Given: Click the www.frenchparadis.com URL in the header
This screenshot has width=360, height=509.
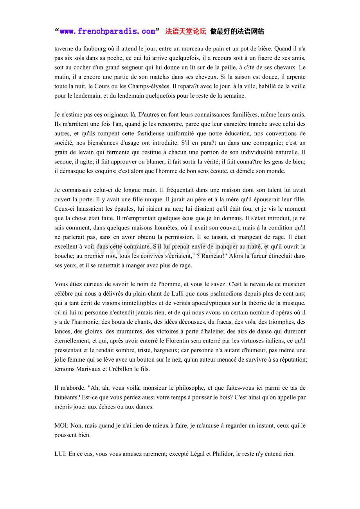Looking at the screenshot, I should pos(108,32).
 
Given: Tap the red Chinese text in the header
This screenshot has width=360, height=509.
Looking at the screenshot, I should pos(185,32).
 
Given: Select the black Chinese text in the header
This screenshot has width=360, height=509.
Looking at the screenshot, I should pos(237,32).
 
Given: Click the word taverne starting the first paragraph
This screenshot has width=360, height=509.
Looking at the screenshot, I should pos(63,49).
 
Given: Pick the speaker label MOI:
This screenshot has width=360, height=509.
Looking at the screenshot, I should pos(61,425).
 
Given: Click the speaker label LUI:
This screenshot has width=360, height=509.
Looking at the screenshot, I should pos(60,454).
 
